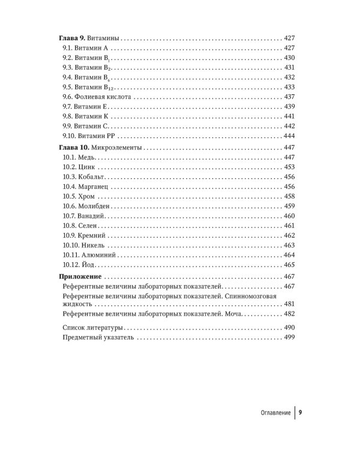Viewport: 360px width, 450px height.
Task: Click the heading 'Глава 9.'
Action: click(76, 37)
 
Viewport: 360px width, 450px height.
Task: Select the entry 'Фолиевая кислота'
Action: click(104, 96)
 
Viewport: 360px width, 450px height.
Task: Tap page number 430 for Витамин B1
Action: click(290, 57)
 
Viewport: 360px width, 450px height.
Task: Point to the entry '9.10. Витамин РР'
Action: click(88, 136)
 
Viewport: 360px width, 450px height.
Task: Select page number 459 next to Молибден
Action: click(290, 206)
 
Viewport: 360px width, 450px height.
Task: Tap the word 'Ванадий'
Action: click(93, 216)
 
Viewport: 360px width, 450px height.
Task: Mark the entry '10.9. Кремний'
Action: click(85, 235)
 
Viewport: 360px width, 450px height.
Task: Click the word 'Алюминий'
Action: click(98, 255)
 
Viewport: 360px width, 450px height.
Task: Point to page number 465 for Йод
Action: click(290, 265)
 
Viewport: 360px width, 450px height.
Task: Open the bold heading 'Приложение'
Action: click(81, 277)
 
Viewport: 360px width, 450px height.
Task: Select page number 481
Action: click(290, 304)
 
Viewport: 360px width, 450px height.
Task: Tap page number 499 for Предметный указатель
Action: click(290, 338)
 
